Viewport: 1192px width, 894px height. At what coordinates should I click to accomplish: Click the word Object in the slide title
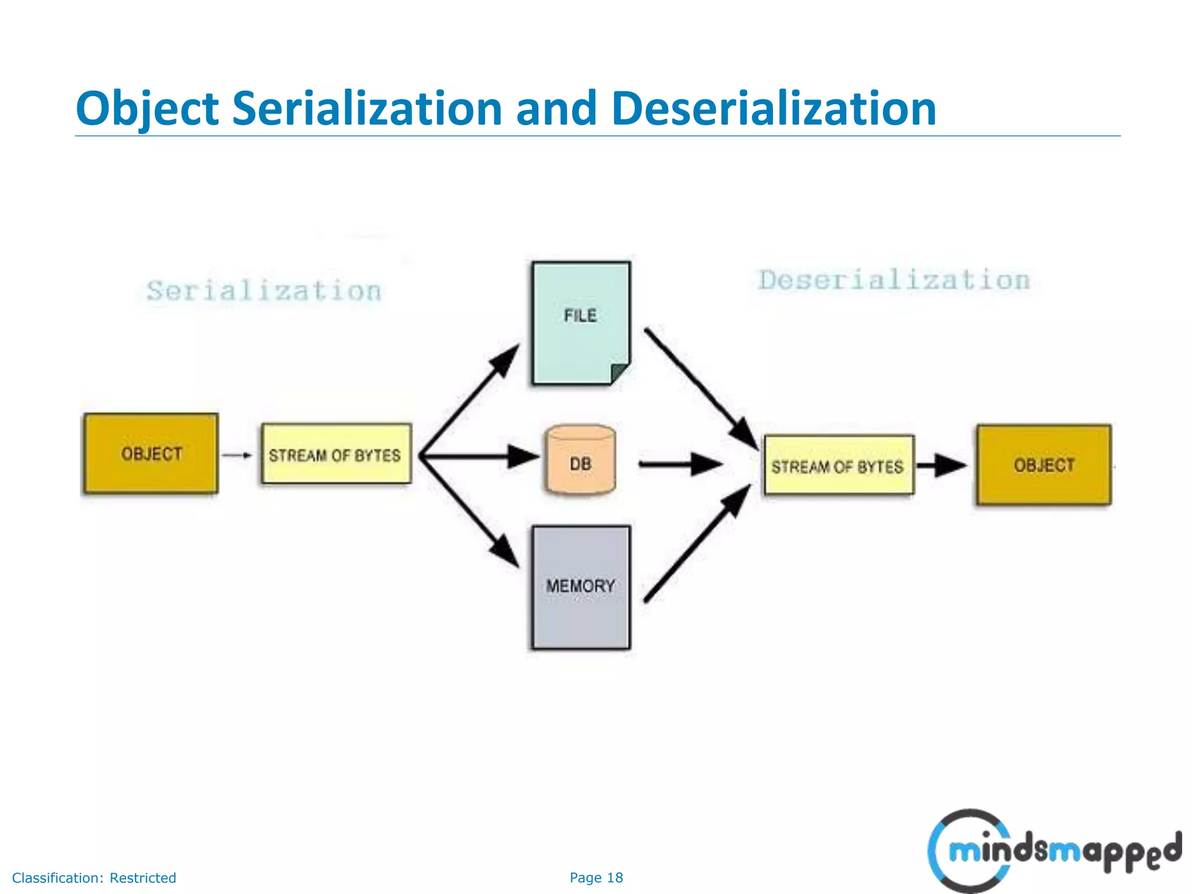pyautogui.click(x=147, y=109)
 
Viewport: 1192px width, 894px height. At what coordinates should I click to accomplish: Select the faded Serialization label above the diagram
pyautogui.click(x=264, y=291)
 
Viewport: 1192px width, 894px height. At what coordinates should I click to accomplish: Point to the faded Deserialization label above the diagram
pyautogui.click(x=894, y=281)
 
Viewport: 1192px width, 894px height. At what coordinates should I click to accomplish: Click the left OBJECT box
pyautogui.click(x=151, y=453)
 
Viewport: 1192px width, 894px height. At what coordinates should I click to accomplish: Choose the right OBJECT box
pyautogui.click(x=1044, y=465)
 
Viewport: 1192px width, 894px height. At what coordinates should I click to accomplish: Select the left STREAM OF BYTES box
pyautogui.click(x=336, y=454)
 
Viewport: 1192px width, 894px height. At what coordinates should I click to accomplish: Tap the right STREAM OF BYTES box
pyautogui.click(x=838, y=466)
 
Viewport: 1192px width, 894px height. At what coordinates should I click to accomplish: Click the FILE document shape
pyautogui.click(x=580, y=323)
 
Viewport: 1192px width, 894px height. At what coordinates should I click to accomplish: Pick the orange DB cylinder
pyautogui.click(x=580, y=460)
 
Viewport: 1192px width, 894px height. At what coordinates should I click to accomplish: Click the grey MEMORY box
pyautogui.click(x=580, y=587)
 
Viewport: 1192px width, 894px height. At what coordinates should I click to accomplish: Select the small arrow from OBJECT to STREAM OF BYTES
pyautogui.click(x=237, y=455)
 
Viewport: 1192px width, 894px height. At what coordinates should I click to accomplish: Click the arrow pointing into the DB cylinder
pyautogui.click(x=480, y=456)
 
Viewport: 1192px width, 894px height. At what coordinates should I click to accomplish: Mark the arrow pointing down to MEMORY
pyautogui.click(x=469, y=512)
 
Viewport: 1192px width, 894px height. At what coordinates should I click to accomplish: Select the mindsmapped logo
pyautogui.click(x=1053, y=850)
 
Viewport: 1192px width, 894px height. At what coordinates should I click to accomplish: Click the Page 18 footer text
pyautogui.click(x=596, y=878)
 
